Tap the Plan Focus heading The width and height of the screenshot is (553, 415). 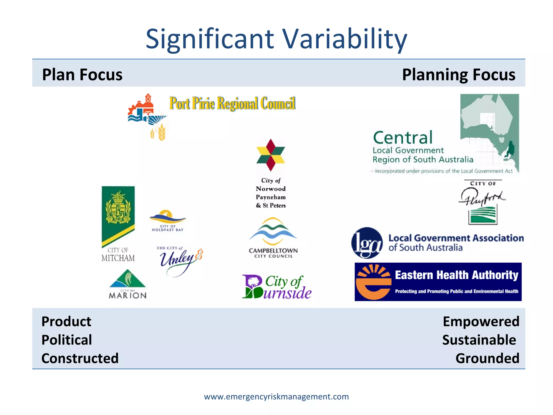[x=82, y=75]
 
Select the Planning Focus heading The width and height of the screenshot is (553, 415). [x=458, y=75]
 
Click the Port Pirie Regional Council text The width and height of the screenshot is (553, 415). [x=232, y=103]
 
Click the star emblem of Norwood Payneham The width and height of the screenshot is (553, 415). [x=271, y=155]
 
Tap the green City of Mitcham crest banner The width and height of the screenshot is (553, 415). [x=118, y=213]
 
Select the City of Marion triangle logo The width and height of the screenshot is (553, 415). [x=127, y=284]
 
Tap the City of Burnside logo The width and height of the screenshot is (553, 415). [x=276, y=287]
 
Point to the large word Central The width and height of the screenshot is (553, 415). [x=403, y=138]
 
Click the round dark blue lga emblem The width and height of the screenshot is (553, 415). [x=367, y=243]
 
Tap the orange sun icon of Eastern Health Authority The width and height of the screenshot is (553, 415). [x=373, y=282]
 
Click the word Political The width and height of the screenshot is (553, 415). [x=67, y=340]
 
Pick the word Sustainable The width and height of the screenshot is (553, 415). [x=479, y=340]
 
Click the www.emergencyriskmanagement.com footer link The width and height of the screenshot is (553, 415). [x=276, y=397]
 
